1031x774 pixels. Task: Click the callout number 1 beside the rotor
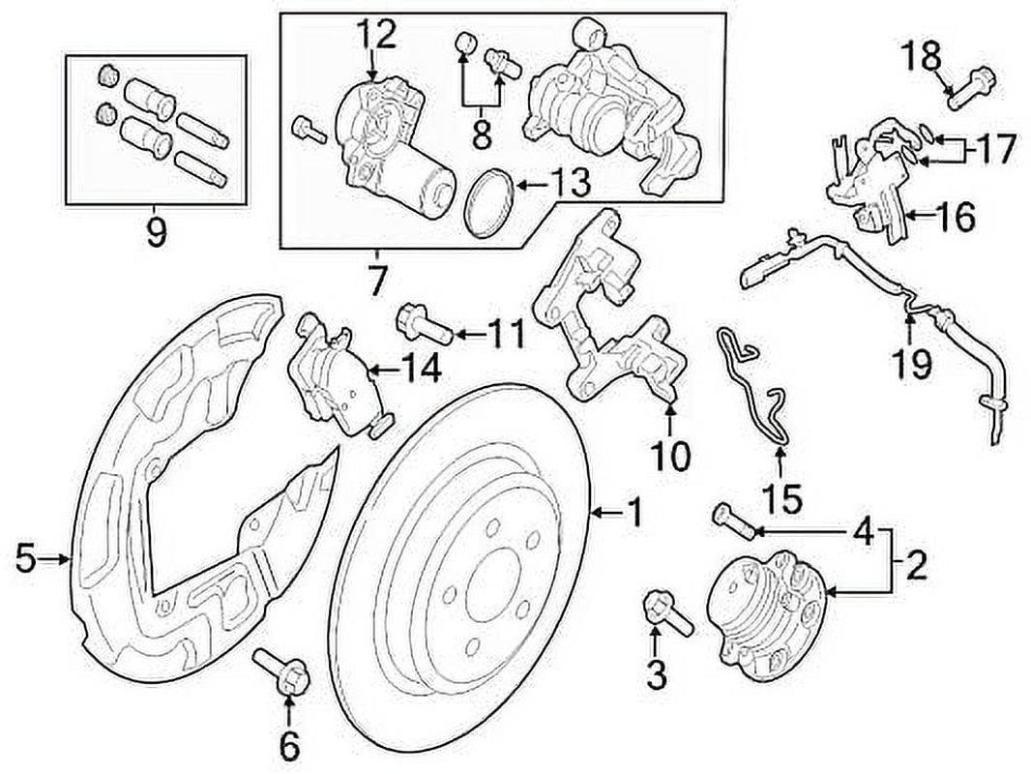coord(634,512)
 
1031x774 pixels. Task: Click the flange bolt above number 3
coord(665,611)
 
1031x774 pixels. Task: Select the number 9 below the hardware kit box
coord(156,232)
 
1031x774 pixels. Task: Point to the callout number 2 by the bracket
coord(915,562)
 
